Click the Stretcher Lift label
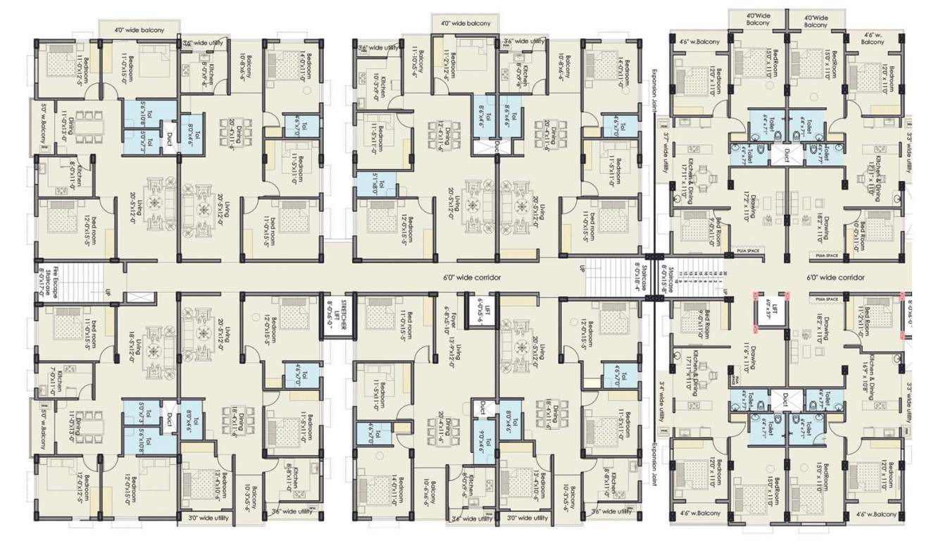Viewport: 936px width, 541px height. pyautogui.click(x=337, y=313)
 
